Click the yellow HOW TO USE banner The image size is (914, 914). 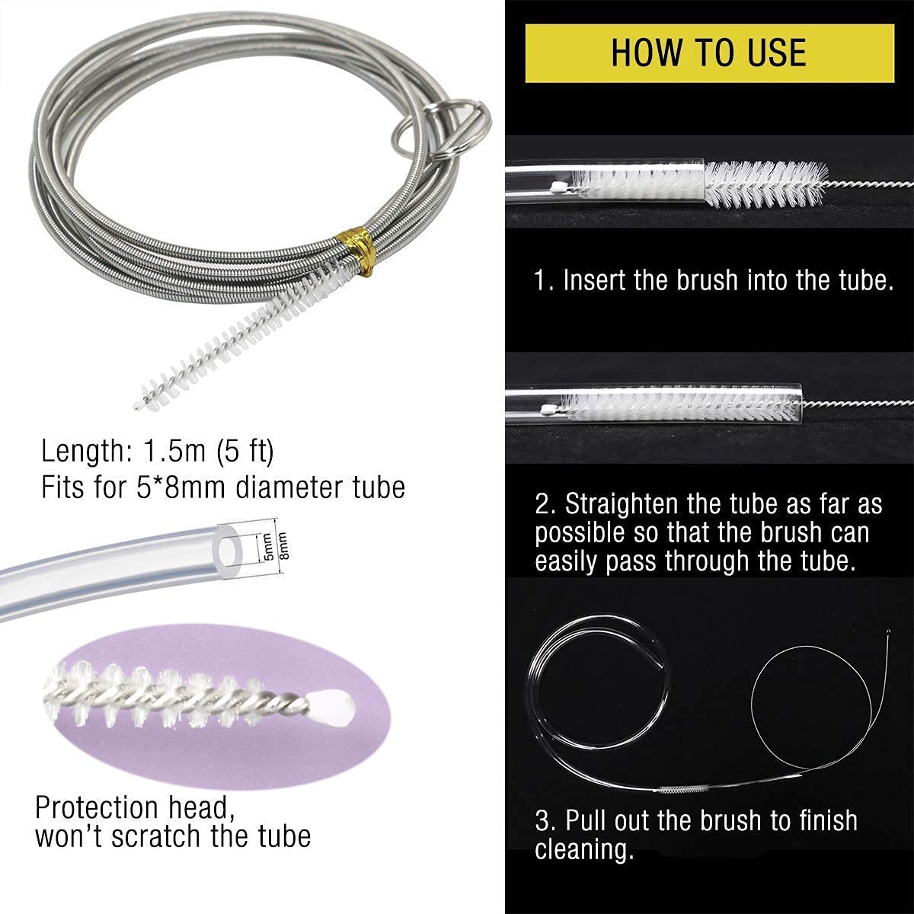coord(710,53)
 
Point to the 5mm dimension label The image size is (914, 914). coord(268,546)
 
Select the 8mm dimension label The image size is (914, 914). coord(283,545)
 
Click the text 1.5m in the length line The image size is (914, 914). coord(174,451)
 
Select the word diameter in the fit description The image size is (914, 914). coord(289,487)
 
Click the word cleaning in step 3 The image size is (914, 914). coord(584,848)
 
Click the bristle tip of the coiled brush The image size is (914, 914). coord(139,404)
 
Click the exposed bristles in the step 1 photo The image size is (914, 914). coord(766,184)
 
